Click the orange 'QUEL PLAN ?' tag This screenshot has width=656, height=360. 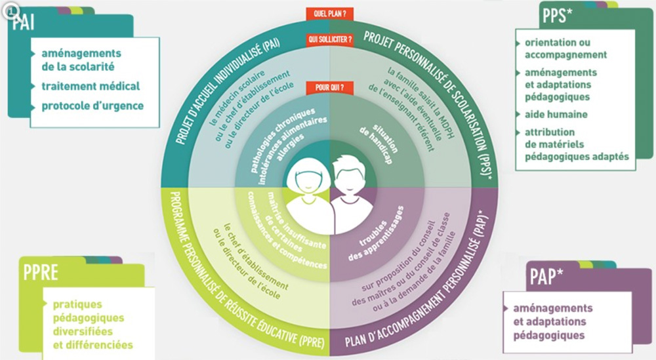pos(329,12)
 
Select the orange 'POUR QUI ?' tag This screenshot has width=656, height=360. pos(329,87)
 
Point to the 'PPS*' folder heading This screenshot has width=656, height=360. pos(557,14)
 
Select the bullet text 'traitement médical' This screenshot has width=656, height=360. pos(91,86)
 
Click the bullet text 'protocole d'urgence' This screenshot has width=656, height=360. pos(92,106)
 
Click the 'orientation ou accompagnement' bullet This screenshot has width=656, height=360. pos(565,49)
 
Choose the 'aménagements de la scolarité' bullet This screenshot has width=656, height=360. pos(78,59)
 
